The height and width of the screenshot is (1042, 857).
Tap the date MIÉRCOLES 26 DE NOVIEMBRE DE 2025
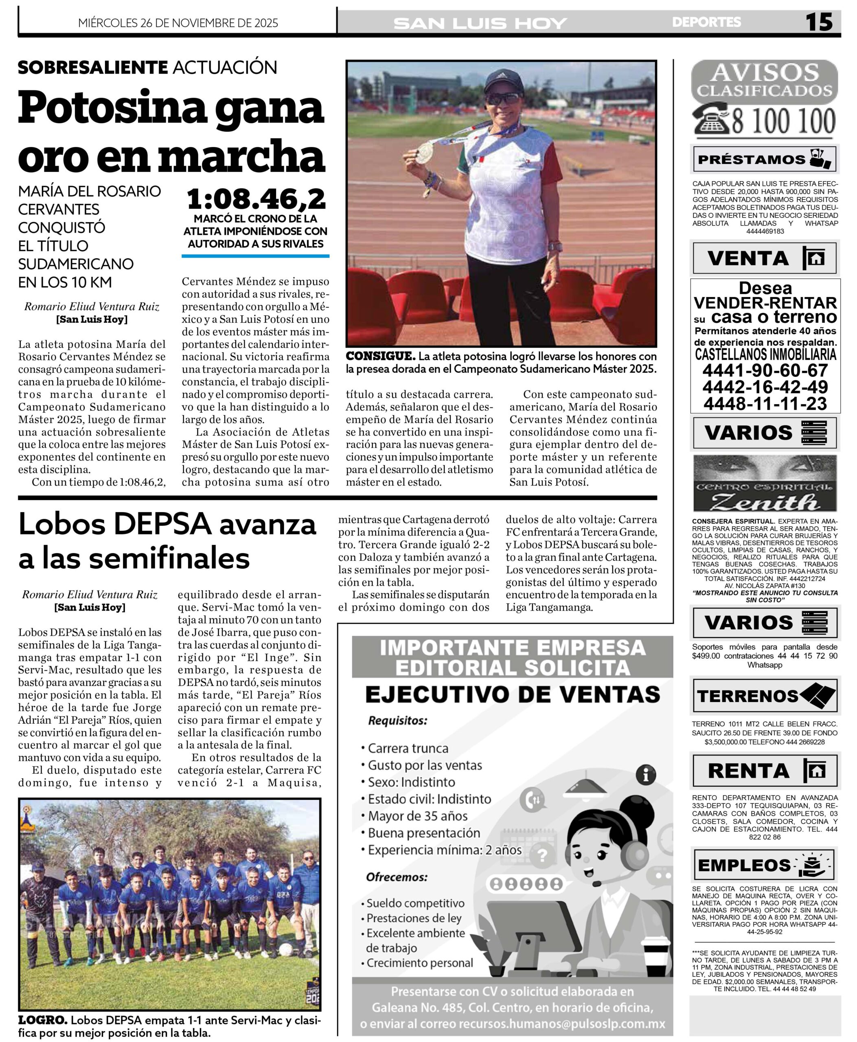[x=178, y=23]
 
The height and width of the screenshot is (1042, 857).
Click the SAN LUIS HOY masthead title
[x=480, y=23]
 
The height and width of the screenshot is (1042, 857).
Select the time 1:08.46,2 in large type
[x=256, y=199]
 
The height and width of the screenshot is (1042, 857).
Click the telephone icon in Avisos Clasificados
[x=711, y=120]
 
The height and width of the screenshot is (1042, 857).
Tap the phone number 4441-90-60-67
[x=765, y=370]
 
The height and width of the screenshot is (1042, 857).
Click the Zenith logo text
[x=765, y=502]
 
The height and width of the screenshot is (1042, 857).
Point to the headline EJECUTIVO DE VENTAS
[x=513, y=694]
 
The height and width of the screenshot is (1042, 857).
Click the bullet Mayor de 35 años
[x=418, y=816]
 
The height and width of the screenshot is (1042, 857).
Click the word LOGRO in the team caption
[x=42, y=1020]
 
